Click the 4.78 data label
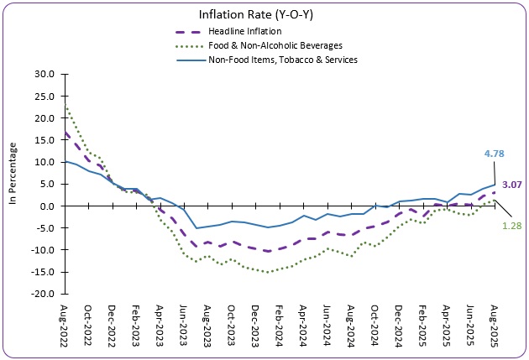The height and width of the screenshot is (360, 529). tap(495, 154)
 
